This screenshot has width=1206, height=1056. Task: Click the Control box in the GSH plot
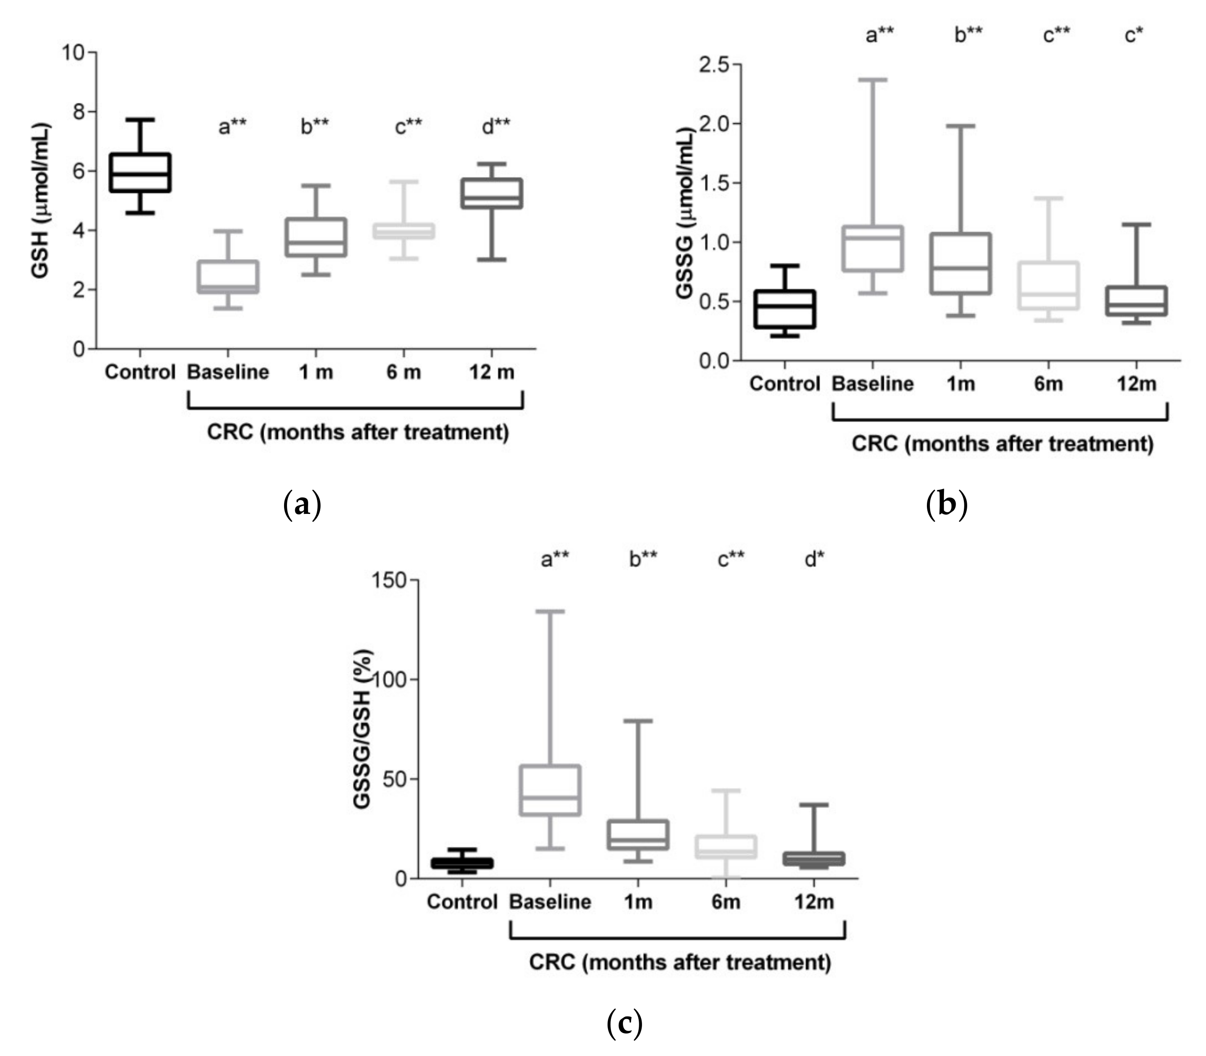140,173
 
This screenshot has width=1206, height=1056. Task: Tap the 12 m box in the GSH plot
492,193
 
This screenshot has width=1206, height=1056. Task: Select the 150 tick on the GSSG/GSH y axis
389,580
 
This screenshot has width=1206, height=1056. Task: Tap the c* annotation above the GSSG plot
1133,35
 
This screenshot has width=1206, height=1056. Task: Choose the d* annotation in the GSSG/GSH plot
815,559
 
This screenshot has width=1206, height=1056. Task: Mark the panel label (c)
624,1024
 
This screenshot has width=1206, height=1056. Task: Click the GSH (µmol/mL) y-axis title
40,200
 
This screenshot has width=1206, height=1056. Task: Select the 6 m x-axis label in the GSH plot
404,372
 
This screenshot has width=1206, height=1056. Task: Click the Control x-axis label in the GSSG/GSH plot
462,902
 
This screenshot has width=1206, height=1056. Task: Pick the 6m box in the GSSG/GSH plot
726,846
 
